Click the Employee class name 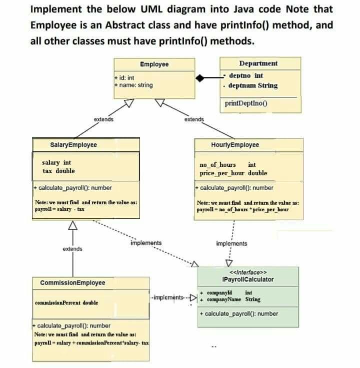pyautogui.click(x=154, y=64)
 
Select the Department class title pyautogui.click(x=258, y=64)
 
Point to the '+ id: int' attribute pyautogui.click(x=124, y=78)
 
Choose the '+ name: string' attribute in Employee pyautogui.click(x=133, y=85)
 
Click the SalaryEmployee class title pyautogui.click(x=74, y=145)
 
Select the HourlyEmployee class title pyautogui.click(x=235, y=145)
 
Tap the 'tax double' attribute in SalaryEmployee pyautogui.click(x=59, y=171)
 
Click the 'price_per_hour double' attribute pyautogui.click(x=233, y=173)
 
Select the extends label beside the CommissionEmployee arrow pyautogui.click(x=72, y=248)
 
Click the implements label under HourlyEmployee pyautogui.click(x=231, y=244)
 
